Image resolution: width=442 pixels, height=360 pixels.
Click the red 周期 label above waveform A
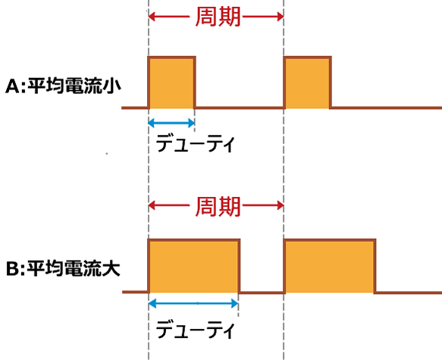pyautogui.click(x=218, y=17)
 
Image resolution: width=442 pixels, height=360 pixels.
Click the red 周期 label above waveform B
pyautogui.click(x=218, y=206)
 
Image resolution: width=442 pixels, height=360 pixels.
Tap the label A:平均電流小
pyautogui.click(x=63, y=86)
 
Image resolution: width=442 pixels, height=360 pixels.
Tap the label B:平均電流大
pyautogui.click(x=63, y=268)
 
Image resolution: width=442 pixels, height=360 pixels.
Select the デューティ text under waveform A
pyautogui.click(x=195, y=143)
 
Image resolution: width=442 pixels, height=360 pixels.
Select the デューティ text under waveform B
pyautogui.click(x=195, y=329)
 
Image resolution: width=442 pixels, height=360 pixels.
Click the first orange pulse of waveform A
pyautogui.click(x=171, y=83)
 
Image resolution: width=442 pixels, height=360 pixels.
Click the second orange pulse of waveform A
pyautogui.click(x=307, y=83)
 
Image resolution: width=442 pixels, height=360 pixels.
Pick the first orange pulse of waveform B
pyautogui.click(x=194, y=266)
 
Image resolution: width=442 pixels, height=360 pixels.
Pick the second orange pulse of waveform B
pyautogui.click(x=330, y=266)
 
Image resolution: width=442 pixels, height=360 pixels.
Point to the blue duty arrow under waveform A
pyautogui.click(x=171, y=123)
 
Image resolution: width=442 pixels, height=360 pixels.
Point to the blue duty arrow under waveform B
pyautogui.click(x=193, y=303)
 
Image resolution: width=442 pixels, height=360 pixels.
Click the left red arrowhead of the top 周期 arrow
pyautogui.click(x=152, y=17)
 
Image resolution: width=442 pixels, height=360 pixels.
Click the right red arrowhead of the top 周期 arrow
pyautogui.click(x=281, y=17)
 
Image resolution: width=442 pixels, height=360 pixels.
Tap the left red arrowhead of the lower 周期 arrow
pyautogui.click(x=152, y=205)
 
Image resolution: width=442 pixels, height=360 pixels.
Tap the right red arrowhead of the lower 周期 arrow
pyautogui.click(x=281, y=205)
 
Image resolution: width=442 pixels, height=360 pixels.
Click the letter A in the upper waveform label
pyautogui.click(x=12, y=86)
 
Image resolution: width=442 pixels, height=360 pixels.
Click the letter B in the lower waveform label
pyautogui.click(x=12, y=269)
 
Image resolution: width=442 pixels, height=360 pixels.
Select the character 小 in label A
pyautogui.click(x=112, y=86)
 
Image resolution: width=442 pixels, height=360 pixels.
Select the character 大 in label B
pyautogui.click(x=112, y=268)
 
